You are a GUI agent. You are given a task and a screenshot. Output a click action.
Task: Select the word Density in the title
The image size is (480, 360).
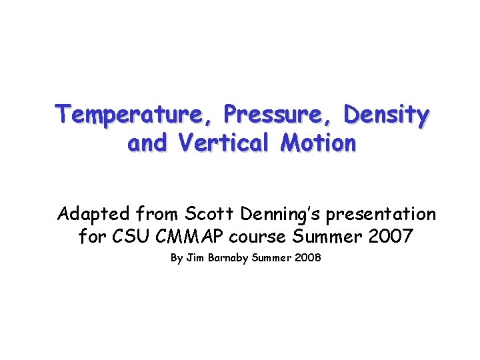[x=387, y=115]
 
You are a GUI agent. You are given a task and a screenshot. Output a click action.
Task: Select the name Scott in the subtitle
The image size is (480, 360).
[x=205, y=214]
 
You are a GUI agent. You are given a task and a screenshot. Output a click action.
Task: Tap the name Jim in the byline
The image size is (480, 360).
[x=195, y=257]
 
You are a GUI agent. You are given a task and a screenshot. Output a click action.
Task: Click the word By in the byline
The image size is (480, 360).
[x=177, y=257]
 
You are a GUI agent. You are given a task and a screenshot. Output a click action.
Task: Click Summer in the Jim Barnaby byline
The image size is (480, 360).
[x=273, y=257]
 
